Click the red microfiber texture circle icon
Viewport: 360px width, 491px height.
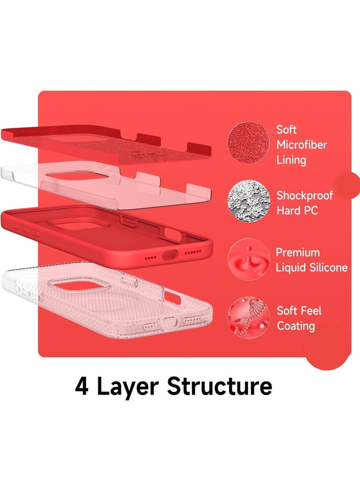(x=248, y=143)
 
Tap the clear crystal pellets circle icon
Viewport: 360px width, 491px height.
(x=248, y=201)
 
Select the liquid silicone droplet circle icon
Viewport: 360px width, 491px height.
(x=248, y=259)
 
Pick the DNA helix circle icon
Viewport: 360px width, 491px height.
(x=248, y=318)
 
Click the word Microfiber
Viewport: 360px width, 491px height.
(x=302, y=144)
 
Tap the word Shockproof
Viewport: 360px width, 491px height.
(x=305, y=196)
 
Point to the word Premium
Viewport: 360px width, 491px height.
(x=298, y=252)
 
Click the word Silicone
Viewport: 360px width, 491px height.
(x=328, y=267)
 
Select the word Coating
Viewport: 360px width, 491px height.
(x=296, y=326)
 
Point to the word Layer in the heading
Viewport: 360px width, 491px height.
(x=127, y=387)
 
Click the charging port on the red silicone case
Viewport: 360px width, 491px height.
(x=170, y=255)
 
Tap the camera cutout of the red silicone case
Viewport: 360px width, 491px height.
(x=78, y=224)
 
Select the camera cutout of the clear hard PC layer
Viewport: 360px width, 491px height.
(x=78, y=175)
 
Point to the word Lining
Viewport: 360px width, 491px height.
(x=291, y=160)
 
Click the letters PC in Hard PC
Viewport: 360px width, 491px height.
(x=311, y=211)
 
